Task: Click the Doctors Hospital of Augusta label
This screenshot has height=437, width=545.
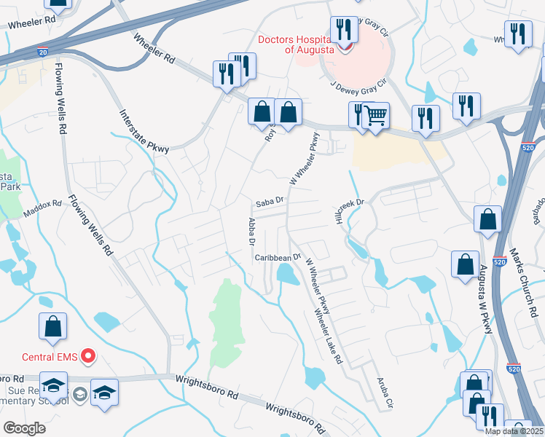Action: (x=299, y=44)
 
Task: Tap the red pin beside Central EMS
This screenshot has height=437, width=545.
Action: (x=88, y=356)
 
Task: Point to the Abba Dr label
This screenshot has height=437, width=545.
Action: (x=251, y=231)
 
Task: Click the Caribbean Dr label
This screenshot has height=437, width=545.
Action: (x=278, y=257)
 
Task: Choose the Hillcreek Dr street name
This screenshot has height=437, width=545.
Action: (x=348, y=214)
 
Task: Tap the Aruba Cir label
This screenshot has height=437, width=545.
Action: (x=384, y=393)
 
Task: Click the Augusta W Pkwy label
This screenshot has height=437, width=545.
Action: (x=485, y=299)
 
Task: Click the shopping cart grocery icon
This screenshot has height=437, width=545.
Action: (x=375, y=115)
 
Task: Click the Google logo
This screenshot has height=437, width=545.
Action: (x=24, y=428)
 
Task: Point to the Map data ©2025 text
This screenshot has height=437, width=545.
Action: (x=514, y=431)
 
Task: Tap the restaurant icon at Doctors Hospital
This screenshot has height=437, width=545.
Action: (x=343, y=30)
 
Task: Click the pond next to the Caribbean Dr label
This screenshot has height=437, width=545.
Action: (x=287, y=275)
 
